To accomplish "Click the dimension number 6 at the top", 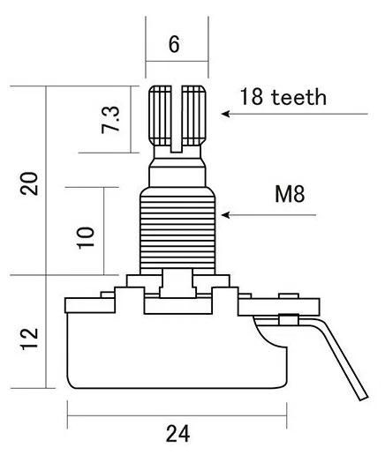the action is (x=174, y=44).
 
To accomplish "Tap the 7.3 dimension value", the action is (x=110, y=120).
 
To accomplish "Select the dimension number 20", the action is (x=29, y=183).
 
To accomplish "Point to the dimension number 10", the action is (x=86, y=238).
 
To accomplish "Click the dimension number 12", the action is (x=30, y=339).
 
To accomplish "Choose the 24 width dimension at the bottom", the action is (x=177, y=434).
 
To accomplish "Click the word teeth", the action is (x=299, y=97).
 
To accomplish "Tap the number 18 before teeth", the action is (x=252, y=96).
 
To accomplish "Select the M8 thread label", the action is (x=290, y=194).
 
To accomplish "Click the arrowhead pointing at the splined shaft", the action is (x=225, y=114).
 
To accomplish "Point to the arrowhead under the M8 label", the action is (x=225, y=215).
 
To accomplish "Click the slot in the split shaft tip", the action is (x=177, y=119).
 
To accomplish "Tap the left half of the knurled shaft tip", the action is (x=160, y=116).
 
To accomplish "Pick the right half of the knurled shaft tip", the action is (x=193, y=116).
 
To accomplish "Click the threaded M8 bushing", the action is (x=177, y=231).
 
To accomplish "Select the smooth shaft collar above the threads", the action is (x=177, y=176).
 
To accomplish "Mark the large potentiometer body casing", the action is (x=177, y=351).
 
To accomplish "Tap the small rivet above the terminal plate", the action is (x=289, y=295).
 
